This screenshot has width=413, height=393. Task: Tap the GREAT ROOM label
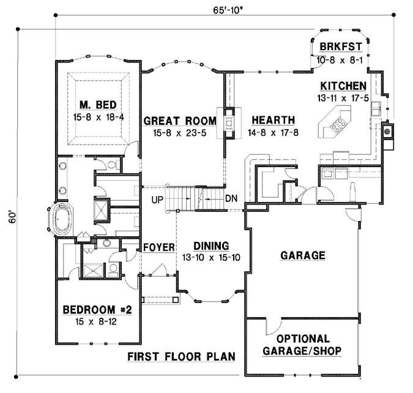180,121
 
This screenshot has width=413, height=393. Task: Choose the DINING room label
210,245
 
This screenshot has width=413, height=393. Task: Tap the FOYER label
160,247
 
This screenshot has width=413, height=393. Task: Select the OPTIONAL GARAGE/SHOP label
302,345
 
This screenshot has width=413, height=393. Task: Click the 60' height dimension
10,217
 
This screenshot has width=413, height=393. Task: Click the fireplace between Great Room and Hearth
228,122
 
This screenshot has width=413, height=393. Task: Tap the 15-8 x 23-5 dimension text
180,132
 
